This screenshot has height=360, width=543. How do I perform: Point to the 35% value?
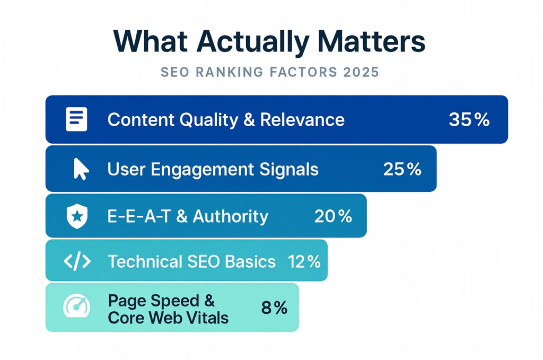(469, 120)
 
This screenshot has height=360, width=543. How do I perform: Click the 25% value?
(402, 169)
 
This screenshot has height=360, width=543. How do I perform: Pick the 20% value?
(333, 216)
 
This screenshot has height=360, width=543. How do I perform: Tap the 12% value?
(304, 261)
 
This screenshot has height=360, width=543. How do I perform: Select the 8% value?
(274, 308)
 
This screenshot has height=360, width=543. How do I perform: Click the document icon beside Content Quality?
(76, 119)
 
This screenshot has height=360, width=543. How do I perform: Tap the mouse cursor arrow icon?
(81, 169)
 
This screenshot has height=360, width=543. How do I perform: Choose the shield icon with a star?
(77, 216)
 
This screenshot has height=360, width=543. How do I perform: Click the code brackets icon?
(77, 261)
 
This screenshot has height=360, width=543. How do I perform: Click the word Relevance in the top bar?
(302, 120)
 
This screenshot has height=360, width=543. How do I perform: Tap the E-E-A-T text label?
(139, 216)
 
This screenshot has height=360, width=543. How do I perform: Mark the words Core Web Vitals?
(168, 318)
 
